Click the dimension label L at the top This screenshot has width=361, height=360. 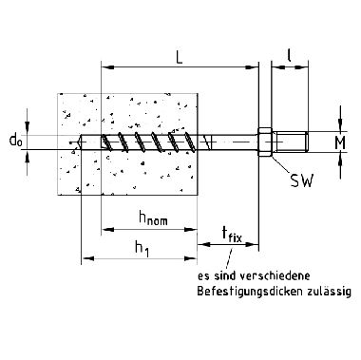click(x=180, y=57)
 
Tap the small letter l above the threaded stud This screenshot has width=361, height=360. click(x=289, y=56)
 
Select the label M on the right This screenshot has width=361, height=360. click(x=340, y=143)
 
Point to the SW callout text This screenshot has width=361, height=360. click(x=302, y=181)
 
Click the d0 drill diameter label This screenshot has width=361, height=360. click(x=16, y=140)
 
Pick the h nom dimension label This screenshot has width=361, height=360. click(x=153, y=218)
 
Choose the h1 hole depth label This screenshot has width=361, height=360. click(x=142, y=247)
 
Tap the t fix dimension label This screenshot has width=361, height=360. click(x=232, y=235)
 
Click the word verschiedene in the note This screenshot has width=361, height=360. click(x=275, y=275)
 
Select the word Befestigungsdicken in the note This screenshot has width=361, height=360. click(x=250, y=292)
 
